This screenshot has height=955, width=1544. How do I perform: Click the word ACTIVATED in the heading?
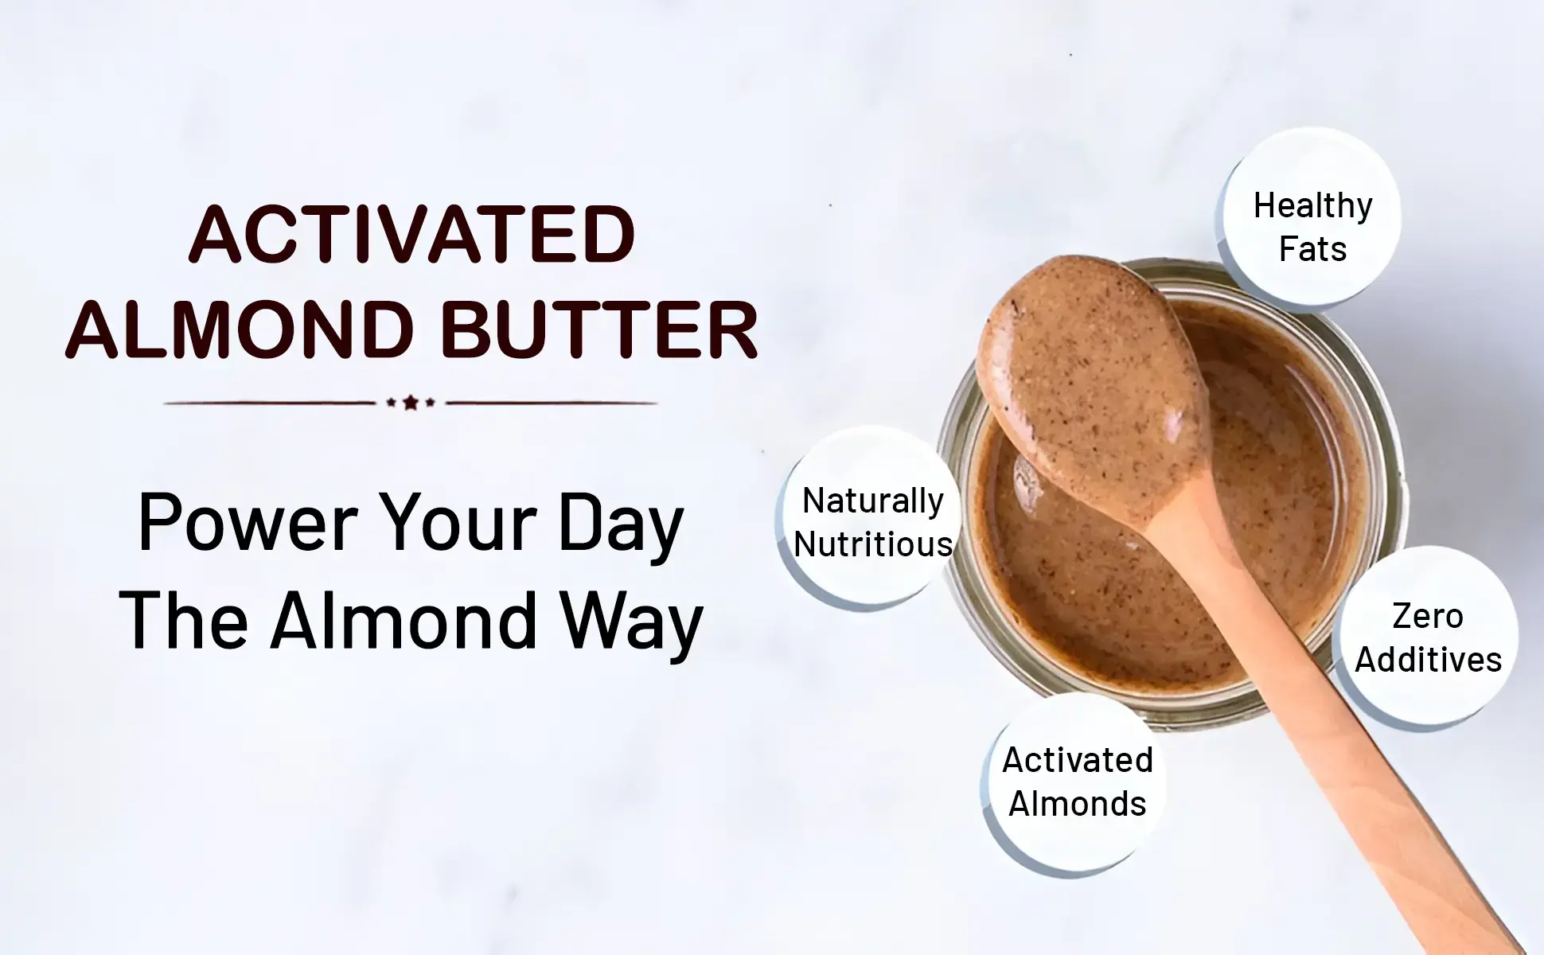coord(411,234)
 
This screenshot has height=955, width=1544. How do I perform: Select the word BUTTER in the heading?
coord(598,329)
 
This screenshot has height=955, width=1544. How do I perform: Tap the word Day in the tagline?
coord(622,526)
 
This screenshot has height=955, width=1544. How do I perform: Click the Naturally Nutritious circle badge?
coord(869,518)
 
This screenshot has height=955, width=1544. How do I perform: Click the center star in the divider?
coord(411,403)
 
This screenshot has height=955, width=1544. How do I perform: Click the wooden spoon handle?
coord(1337,716)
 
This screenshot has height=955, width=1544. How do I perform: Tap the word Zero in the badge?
coord(1428,617)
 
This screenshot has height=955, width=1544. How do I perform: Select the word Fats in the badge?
coord(1312,249)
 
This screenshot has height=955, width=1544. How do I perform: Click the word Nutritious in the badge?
coord(873,545)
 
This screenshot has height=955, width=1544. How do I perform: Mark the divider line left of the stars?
coord(270,403)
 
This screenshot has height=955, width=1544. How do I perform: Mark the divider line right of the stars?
coord(552,403)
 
